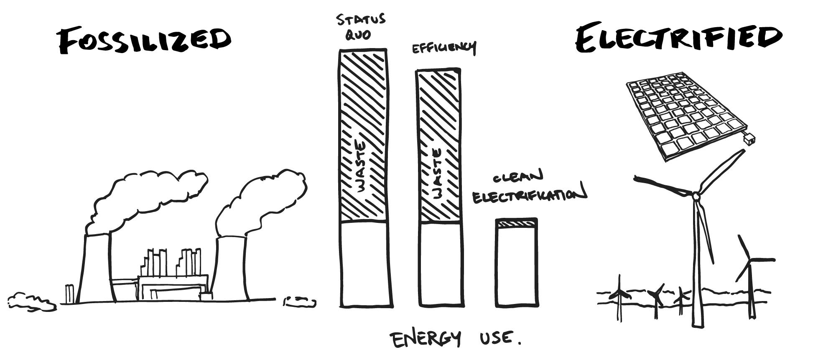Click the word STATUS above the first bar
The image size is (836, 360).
pos(362,20)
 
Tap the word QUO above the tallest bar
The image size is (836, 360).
pos(357,36)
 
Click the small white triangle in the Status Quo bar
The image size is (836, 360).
pos(344,217)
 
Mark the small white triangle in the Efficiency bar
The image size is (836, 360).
pos(424,218)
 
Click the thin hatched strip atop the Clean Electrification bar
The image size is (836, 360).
pos(516,225)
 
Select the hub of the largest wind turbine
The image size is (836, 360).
pos(696,196)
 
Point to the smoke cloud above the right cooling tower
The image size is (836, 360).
pos(263,201)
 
